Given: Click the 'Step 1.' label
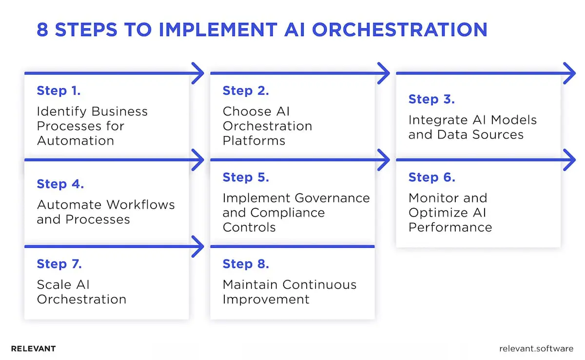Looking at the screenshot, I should pyautogui.click(x=58, y=91).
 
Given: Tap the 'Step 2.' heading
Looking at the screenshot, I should pyautogui.click(x=245, y=91).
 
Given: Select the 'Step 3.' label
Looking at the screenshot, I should pyautogui.click(x=431, y=99).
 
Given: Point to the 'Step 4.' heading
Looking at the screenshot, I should pyautogui.click(x=60, y=184).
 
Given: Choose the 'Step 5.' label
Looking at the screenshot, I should pyautogui.click(x=245, y=177).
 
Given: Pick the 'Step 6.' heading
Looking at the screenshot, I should pyautogui.click(x=431, y=177).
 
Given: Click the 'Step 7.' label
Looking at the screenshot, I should pyautogui.click(x=59, y=264).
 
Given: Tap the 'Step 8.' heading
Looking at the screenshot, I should pyautogui.click(x=245, y=264).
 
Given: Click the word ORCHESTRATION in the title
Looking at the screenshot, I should pyautogui.click(x=399, y=30).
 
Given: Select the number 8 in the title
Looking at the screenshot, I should pyautogui.click(x=43, y=30).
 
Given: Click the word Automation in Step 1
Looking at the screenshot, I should pyautogui.click(x=75, y=141).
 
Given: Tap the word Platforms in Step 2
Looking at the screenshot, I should pyautogui.click(x=253, y=141).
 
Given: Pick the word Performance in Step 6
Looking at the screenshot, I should pyautogui.click(x=450, y=227).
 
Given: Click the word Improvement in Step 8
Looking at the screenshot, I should pyautogui.click(x=266, y=299).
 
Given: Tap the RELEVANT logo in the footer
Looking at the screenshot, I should pyautogui.click(x=33, y=349).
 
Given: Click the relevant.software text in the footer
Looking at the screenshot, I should pyautogui.click(x=536, y=349).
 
